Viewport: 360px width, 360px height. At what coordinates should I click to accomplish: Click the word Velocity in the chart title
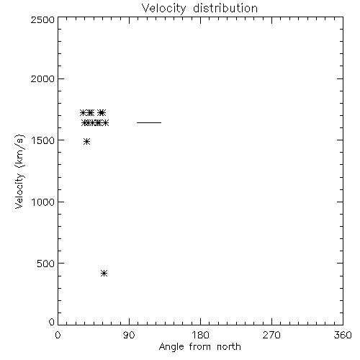(x=164, y=9)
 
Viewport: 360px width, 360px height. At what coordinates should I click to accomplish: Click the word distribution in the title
(x=225, y=8)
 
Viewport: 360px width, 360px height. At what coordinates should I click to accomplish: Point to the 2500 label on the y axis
(x=42, y=19)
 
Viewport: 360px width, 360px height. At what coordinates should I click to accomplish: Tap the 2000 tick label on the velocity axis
(x=42, y=78)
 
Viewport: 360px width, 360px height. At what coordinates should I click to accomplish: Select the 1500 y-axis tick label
(x=43, y=140)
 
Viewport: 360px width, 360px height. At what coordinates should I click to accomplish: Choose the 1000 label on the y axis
(x=43, y=202)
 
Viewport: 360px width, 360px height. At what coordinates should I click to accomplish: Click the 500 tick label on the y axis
(x=46, y=264)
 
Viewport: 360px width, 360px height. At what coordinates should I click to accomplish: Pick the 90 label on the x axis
(x=129, y=335)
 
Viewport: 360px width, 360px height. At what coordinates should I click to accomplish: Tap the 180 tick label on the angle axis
(x=200, y=335)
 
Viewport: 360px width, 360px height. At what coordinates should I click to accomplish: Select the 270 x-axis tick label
(x=271, y=335)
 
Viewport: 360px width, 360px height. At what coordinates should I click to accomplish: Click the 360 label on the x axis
(x=343, y=335)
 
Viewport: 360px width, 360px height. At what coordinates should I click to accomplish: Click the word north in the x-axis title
(x=229, y=347)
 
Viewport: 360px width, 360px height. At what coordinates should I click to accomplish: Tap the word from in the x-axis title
(x=200, y=347)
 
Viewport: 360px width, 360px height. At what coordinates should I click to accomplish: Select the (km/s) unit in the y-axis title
(x=19, y=151)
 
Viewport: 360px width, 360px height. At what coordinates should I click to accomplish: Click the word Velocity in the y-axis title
(x=19, y=191)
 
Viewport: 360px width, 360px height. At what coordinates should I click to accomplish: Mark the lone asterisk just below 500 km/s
(x=104, y=274)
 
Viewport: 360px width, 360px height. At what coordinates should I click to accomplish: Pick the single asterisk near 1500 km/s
(x=87, y=142)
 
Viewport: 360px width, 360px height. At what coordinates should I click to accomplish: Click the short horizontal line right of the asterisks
(x=149, y=122)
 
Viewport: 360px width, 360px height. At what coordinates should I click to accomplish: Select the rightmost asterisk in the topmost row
(x=102, y=112)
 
